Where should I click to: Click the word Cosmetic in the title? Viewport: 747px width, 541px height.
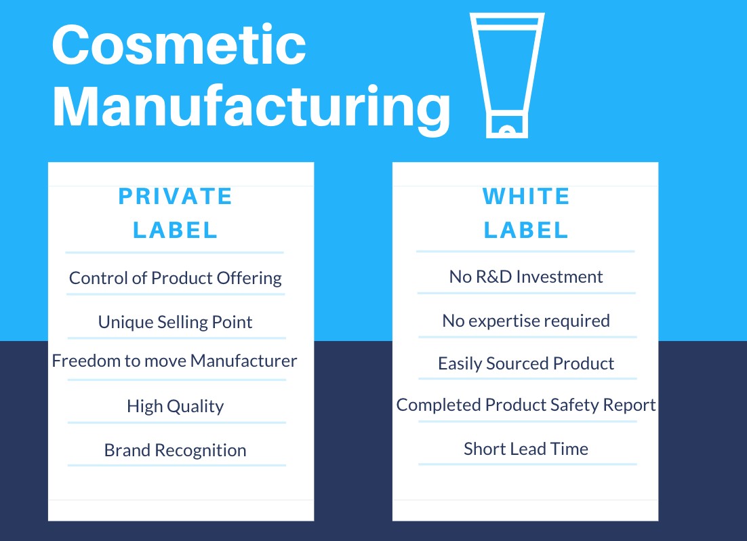(x=179, y=45)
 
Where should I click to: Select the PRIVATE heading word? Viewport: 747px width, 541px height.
(x=176, y=197)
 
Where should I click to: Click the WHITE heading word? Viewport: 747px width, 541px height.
(x=526, y=197)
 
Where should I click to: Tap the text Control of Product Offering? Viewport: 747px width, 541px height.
(x=176, y=278)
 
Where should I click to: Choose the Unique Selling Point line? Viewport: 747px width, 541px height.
(x=176, y=321)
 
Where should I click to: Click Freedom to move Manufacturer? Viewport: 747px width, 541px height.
(x=175, y=360)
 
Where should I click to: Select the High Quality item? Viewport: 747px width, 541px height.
(x=176, y=406)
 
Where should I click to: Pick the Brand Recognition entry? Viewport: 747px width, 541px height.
(x=176, y=450)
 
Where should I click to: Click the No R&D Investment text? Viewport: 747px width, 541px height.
(x=526, y=277)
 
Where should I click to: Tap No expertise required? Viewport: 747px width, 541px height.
(x=526, y=320)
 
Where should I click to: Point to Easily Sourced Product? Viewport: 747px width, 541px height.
(x=526, y=363)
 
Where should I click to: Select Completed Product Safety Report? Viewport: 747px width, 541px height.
(x=526, y=405)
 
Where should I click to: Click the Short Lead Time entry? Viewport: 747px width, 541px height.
(x=526, y=448)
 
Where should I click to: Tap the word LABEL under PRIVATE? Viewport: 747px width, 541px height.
(x=176, y=231)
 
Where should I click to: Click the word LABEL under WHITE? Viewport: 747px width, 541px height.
(x=526, y=231)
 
